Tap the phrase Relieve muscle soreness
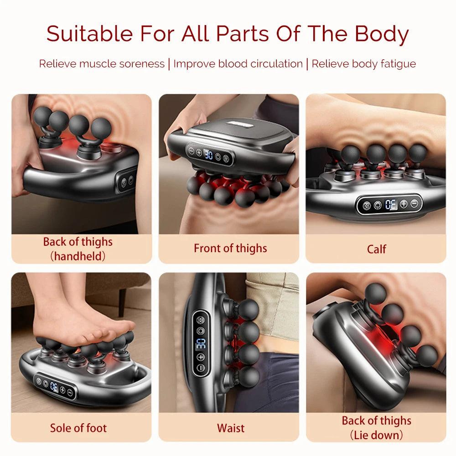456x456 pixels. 102,64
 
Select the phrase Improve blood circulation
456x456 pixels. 238,64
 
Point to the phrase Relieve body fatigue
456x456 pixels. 363,64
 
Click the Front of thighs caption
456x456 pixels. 230,249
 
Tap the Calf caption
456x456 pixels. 376,249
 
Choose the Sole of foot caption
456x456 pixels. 78,428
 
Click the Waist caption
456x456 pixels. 230,428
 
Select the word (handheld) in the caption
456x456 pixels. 78,256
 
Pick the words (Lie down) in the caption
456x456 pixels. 376,435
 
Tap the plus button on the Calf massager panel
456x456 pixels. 404,204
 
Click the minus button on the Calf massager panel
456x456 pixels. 415,203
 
